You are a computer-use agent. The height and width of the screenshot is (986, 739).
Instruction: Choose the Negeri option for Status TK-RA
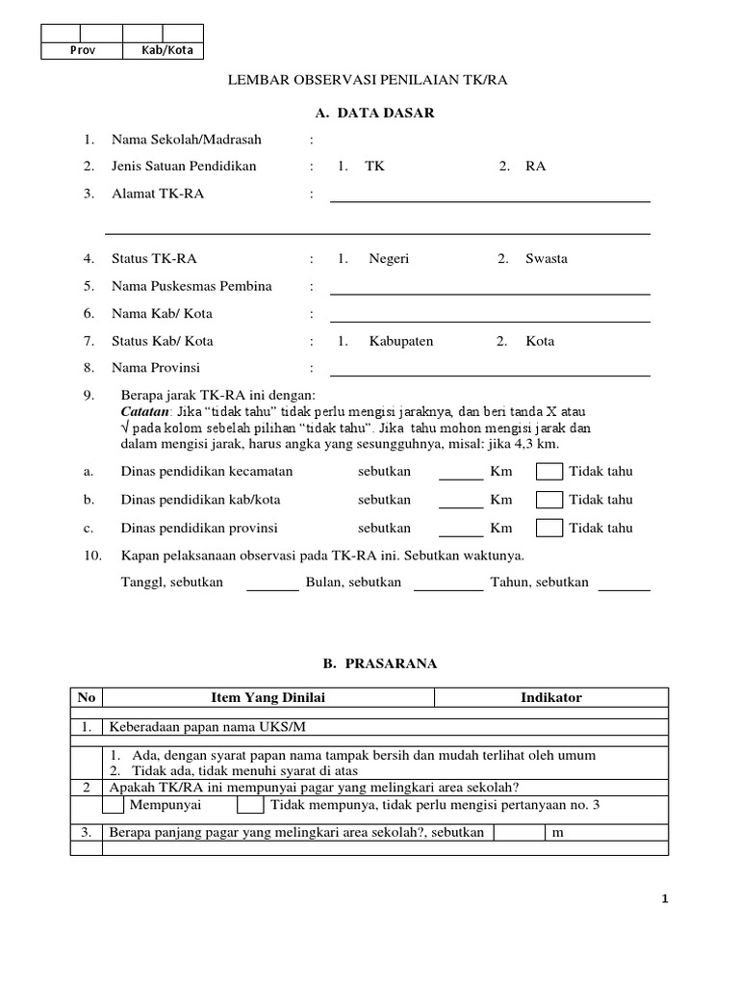(389, 259)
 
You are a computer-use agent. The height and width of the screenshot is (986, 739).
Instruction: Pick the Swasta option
(546, 259)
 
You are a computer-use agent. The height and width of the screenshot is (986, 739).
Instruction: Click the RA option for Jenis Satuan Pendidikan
(535, 167)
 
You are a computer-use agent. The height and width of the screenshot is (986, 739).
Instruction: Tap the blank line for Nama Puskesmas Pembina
(490, 292)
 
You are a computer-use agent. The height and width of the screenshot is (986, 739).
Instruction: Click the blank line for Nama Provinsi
(490, 374)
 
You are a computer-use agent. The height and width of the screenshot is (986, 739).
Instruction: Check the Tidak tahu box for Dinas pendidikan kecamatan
(549, 472)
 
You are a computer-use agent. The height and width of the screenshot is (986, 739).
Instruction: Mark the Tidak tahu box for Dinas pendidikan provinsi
(549, 528)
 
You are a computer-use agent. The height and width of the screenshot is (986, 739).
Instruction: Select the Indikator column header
(550, 698)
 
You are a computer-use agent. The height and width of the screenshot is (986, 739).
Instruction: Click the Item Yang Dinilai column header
(268, 698)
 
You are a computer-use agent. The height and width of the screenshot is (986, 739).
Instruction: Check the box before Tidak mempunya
(249, 805)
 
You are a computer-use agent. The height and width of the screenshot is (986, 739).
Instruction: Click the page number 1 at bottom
(664, 899)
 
